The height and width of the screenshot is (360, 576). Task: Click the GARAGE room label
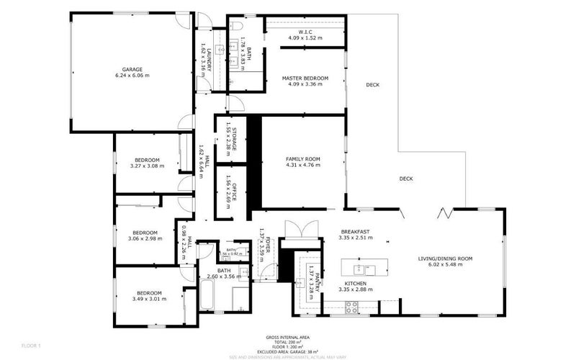click(127, 69)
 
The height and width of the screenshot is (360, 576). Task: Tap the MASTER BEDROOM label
click(305, 78)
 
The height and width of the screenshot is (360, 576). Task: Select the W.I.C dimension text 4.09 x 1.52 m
click(305, 37)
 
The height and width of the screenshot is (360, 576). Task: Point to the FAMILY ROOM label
click(302, 158)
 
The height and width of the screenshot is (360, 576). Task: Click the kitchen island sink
click(358, 269)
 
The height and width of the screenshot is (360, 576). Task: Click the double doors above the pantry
click(298, 229)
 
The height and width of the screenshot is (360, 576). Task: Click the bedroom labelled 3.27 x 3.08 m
click(147, 159)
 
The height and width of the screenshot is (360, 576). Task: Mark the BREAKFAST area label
click(354, 231)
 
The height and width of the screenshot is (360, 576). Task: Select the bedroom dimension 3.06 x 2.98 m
click(144, 238)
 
